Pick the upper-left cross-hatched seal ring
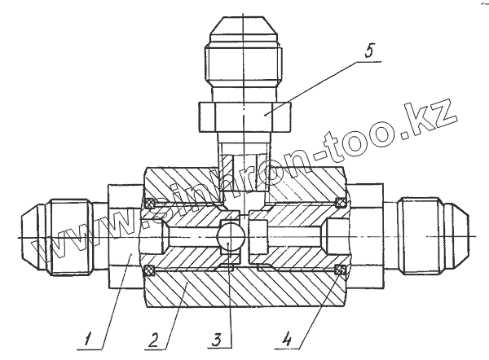point(148,202)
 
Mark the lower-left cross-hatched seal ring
point(148,270)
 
